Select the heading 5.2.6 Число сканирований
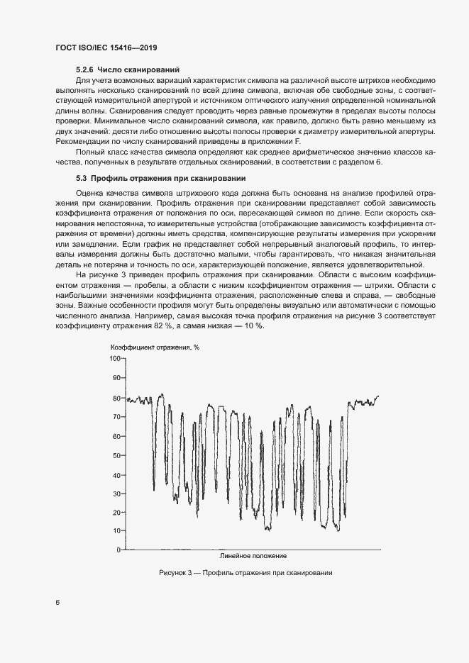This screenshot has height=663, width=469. [x=126, y=69]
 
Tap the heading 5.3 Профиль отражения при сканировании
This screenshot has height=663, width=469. [x=160, y=178]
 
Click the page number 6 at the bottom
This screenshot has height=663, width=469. [x=57, y=603]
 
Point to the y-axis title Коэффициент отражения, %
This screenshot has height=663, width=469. [x=155, y=347]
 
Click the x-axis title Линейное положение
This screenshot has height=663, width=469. [x=253, y=556]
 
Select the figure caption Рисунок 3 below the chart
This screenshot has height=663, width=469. [x=246, y=573]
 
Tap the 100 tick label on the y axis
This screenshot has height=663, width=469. [x=116, y=359]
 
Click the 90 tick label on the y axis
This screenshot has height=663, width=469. [x=117, y=378]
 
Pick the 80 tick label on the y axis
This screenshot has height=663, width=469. [x=117, y=398]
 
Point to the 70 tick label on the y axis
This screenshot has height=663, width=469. [x=117, y=417]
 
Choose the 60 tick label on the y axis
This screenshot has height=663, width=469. [x=117, y=436]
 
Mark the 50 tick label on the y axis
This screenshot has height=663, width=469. [x=117, y=455]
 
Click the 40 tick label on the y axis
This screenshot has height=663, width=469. [x=117, y=474]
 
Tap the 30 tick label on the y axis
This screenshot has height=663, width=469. [x=117, y=493]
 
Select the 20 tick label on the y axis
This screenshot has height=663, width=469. [x=117, y=512]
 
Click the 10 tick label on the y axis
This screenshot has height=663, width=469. [x=117, y=531]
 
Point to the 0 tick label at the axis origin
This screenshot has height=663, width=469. [x=119, y=550]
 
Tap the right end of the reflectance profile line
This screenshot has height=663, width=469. [x=379, y=396]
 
